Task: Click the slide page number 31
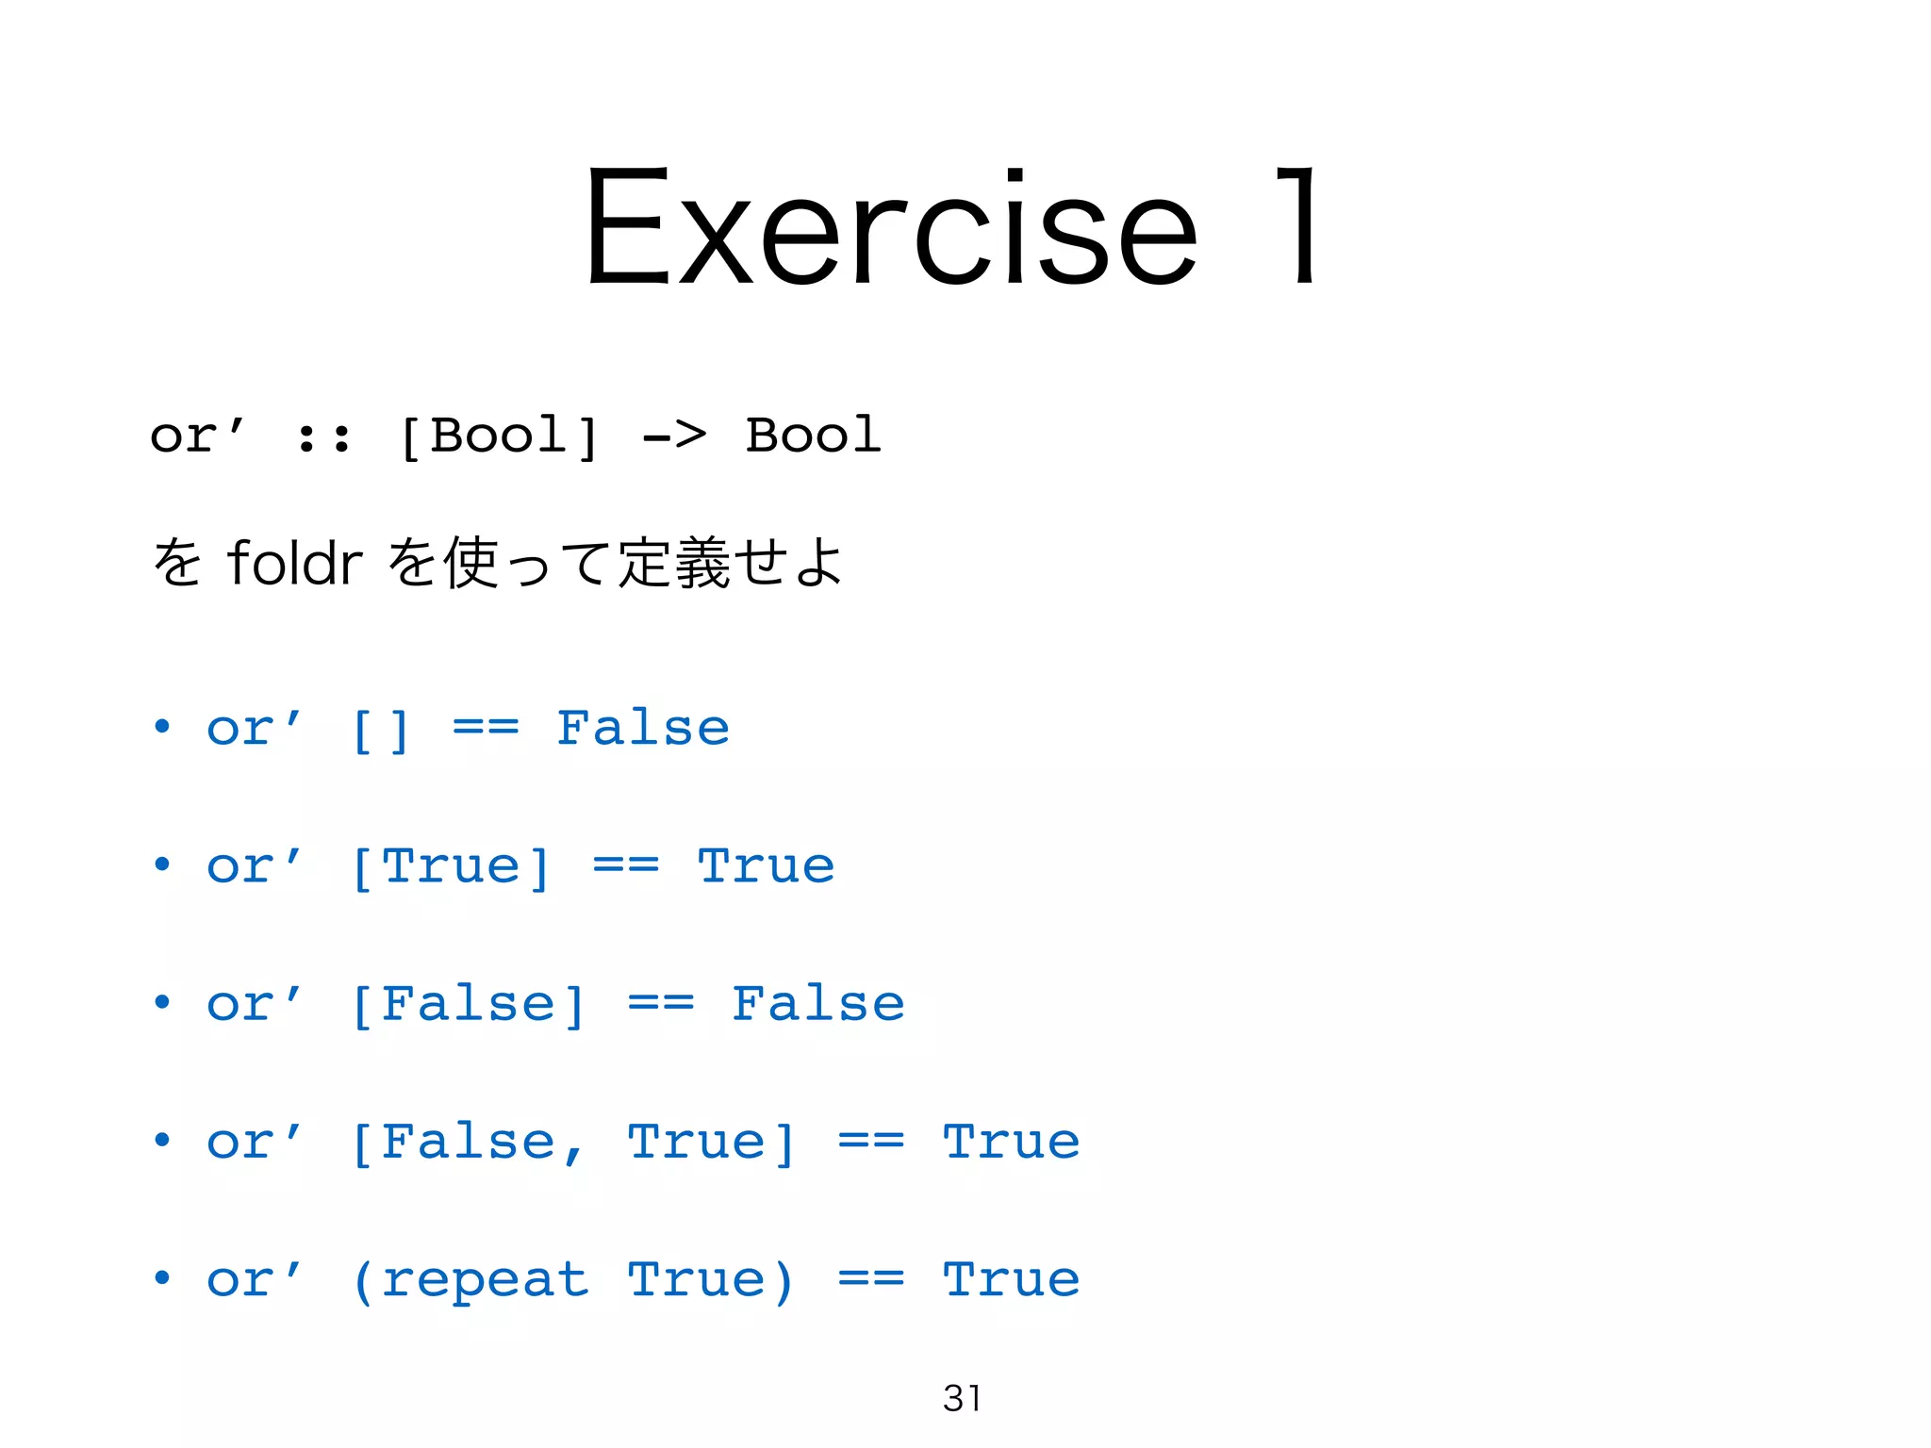pyautogui.click(x=962, y=1398)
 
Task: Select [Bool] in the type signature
pyautogui.click(x=497, y=436)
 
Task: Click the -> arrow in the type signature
pyautogui.click(x=673, y=436)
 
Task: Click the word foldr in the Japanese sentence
pyautogui.click(x=294, y=564)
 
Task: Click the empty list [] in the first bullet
pyautogui.click(x=380, y=730)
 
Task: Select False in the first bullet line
pyautogui.click(x=643, y=728)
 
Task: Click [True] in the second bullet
pyautogui.click(x=450, y=867)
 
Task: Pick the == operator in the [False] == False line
pyautogui.click(x=661, y=1004)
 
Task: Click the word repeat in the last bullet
pyautogui.click(x=485, y=1280)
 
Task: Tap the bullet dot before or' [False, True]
pyautogui.click(x=162, y=1141)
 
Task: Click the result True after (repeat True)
pyautogui.click(x=1011, y=1279)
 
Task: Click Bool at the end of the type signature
pyautogui.click(x=813, y=436)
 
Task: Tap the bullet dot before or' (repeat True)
pyautogui.click(x=162, y=1278)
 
